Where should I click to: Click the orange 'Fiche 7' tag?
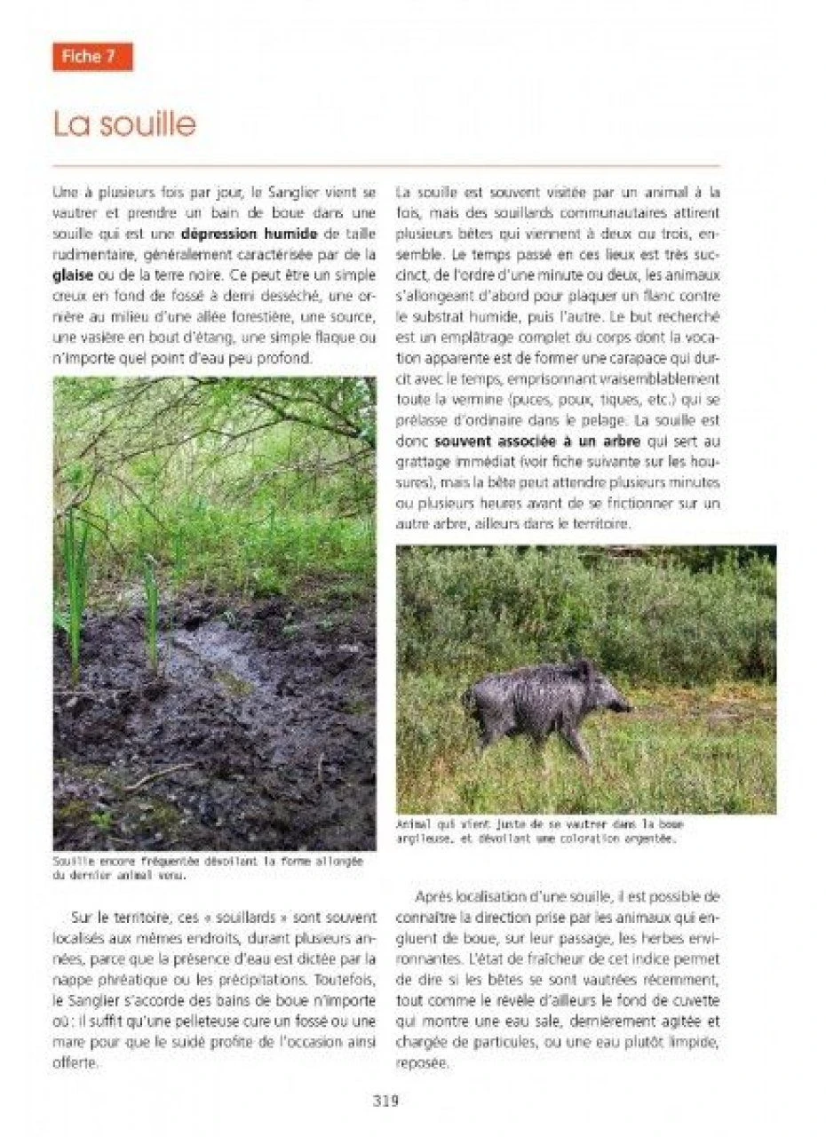(91, 57)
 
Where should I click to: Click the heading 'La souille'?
(124, 124)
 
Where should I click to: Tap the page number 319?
(385, 1101)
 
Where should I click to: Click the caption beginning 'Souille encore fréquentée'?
(209, 868)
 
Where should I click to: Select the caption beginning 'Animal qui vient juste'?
(540, 830)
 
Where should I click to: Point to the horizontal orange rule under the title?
(385, 166)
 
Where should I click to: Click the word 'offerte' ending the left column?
(78, 1061)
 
